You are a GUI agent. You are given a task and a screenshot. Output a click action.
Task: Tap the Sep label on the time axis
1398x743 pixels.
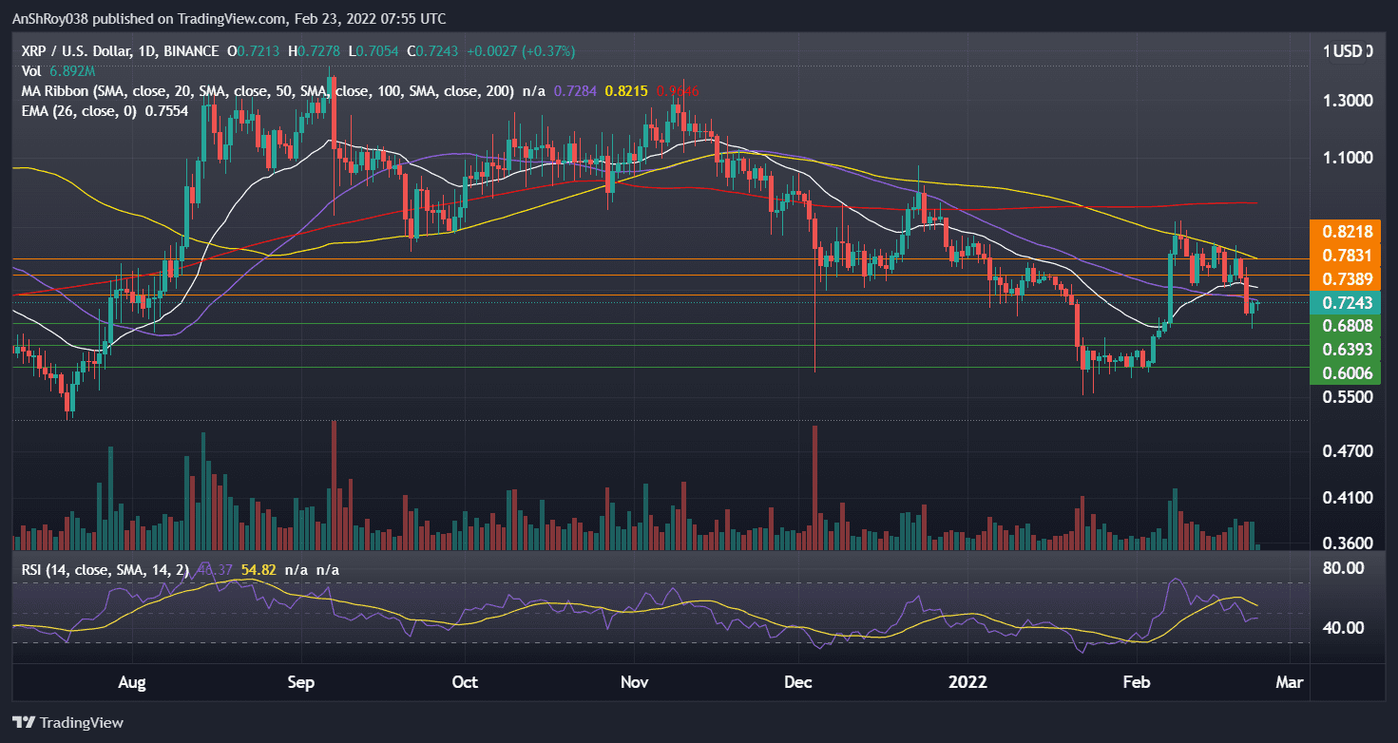pos(301,682)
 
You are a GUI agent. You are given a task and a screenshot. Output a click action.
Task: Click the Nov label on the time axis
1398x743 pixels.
pos(633,682)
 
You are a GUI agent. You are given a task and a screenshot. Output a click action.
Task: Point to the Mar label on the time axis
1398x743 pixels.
pos(1289,682)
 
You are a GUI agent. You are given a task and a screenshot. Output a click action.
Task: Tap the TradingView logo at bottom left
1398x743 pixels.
pos(67,723)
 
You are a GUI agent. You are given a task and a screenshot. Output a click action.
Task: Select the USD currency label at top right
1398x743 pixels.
pos(1350,51)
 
